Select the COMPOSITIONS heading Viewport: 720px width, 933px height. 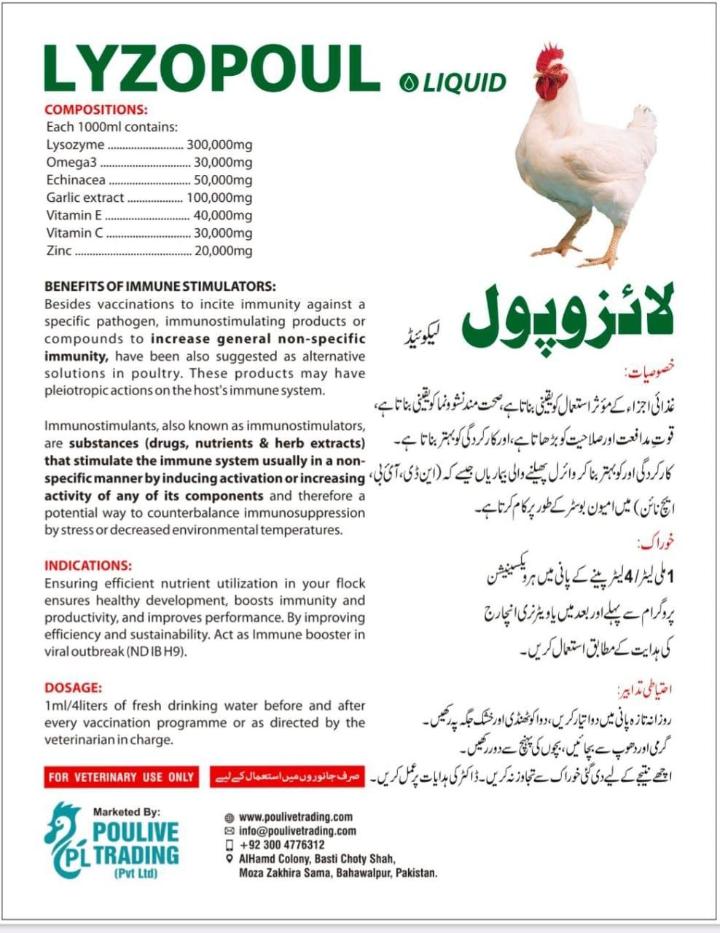(96, 110)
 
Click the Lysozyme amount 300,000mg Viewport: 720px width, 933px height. (219, 144)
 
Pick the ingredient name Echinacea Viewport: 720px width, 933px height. (76, 180)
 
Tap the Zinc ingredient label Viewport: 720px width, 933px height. (59, 251)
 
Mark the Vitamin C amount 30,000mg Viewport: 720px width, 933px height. (223, 233)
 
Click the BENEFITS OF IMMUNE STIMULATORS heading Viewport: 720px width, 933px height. (160, 286)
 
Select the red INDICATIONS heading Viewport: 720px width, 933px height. (88, 566)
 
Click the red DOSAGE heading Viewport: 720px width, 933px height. (74, 688)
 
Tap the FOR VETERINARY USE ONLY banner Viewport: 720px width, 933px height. (121, 777)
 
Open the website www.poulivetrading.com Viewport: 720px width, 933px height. (295, 817)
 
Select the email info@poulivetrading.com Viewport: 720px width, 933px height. (297, 831)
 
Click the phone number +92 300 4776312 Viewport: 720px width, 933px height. (281, 845)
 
